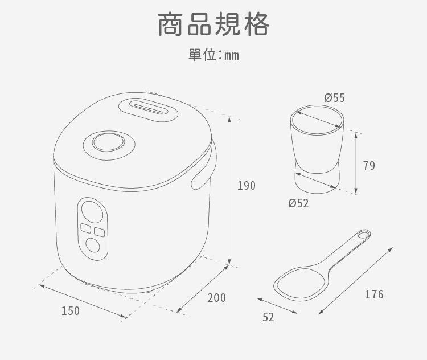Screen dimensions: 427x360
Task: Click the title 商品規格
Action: click(213, 24)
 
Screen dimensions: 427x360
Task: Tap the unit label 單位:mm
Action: click(213, 55)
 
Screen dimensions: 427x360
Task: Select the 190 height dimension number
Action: click(247, 186)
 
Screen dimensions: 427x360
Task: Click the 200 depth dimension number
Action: click(217, 298)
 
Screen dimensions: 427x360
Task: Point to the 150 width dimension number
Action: click(71, 311)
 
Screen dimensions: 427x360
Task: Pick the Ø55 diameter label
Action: click(334, 98)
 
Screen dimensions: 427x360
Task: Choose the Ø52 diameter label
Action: click(299, 203)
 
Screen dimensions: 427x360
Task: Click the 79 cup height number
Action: click(369, 166)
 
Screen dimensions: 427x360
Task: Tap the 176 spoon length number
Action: click(374, 294)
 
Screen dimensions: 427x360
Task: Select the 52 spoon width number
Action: click(268, 317)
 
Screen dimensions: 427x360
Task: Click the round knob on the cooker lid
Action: click(108, 142)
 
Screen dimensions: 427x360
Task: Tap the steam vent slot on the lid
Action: click(149, 109)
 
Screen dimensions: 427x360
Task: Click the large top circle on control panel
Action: click(92, 212)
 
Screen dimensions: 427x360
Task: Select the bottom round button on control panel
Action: click(93, 246)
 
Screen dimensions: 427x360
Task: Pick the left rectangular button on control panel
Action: click(86, 228)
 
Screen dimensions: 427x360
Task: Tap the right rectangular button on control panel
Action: click(100, 232)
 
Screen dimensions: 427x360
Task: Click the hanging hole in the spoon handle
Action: click(363, 234)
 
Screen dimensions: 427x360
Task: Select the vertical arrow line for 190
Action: click(229, 191)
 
